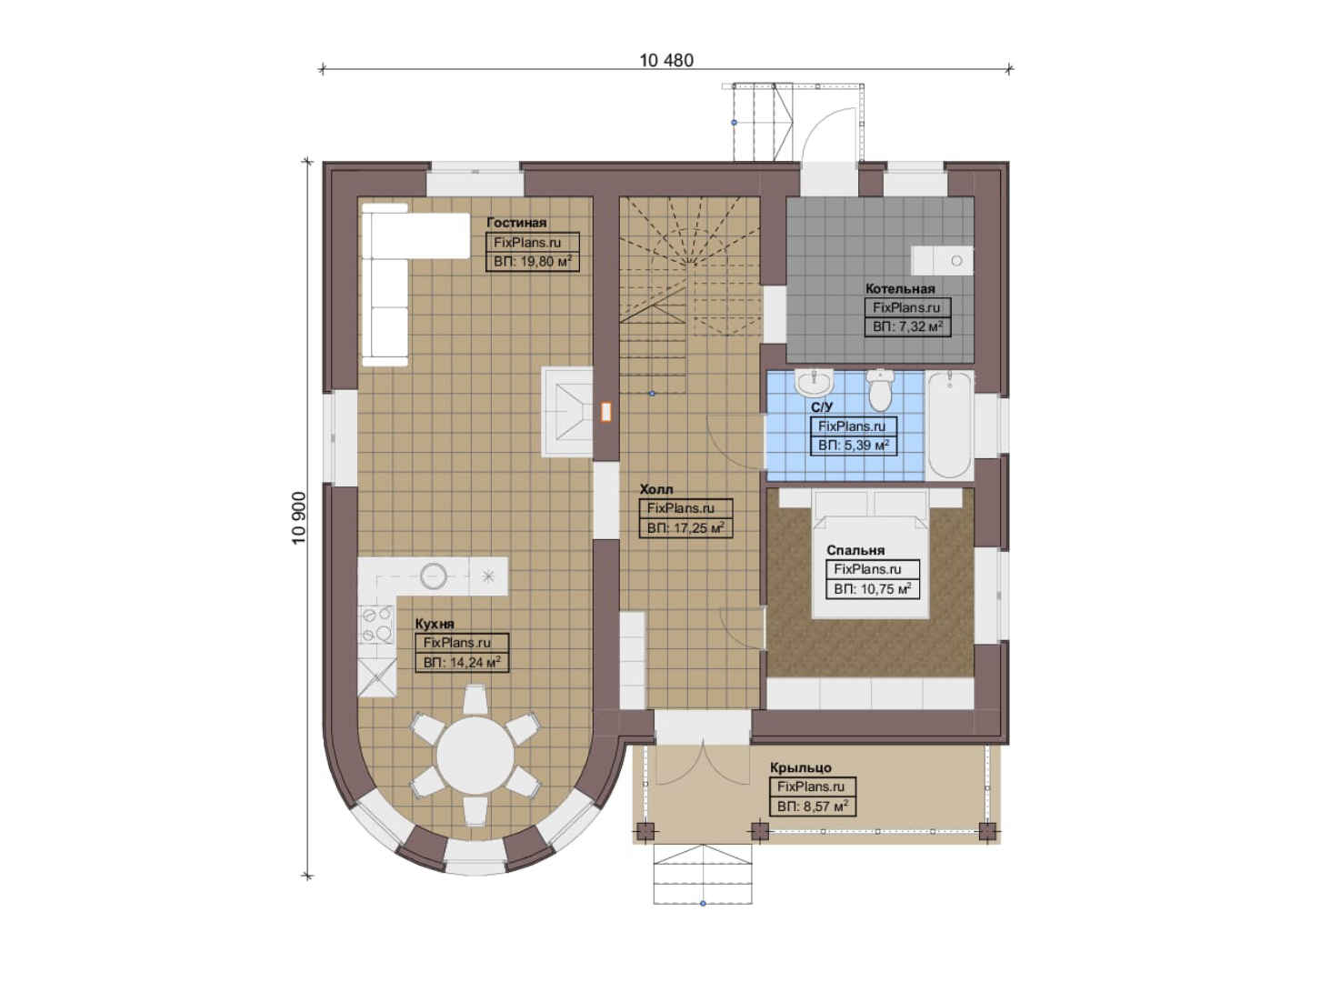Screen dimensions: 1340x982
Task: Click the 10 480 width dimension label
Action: point(666,60)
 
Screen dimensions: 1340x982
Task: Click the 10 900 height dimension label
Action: point(299,518)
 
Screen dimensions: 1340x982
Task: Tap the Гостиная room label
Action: point(516,223)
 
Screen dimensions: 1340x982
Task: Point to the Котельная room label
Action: point(900,288)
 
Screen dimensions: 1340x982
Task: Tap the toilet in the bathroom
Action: point(879,389)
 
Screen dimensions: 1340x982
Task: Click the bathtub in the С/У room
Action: point(949,425)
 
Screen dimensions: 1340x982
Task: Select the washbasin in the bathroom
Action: point(815,383)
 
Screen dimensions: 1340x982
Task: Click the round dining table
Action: point(475,756)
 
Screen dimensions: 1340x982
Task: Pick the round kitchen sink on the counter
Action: point(434,576)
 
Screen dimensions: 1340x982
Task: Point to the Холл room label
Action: point(656,489)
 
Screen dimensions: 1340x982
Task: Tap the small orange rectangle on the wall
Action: point(605,412)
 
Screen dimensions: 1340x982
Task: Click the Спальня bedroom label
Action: point(855,550)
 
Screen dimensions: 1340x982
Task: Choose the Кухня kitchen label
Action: point(435,624)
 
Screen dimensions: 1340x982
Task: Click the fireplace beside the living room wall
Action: point(567,412)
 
